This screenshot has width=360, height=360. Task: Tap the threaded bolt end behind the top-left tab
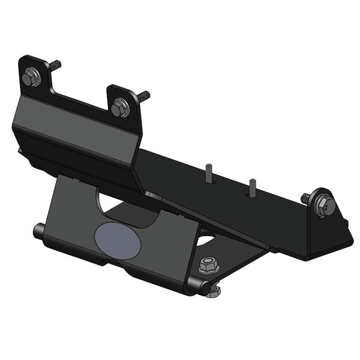55,64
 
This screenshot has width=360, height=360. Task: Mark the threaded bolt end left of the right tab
305,197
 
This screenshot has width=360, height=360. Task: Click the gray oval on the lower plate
116,240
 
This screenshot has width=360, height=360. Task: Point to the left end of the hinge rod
38,230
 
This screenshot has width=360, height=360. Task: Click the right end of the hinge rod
193,286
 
